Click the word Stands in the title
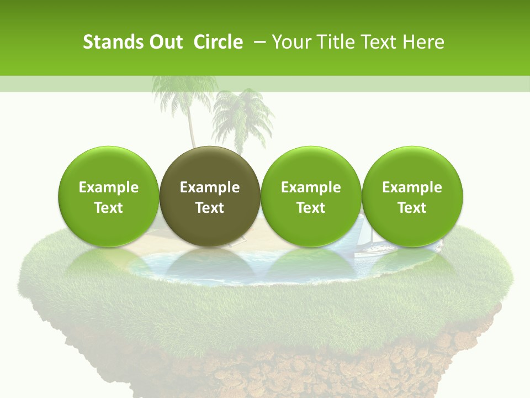click(x=109, y=42)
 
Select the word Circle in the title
click(x=218, y=42)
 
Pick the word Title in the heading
click(x=331, y=42)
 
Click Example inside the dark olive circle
click(x=210, y=187)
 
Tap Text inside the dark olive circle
click(x=210, y=208)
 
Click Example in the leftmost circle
click(x=108, y=187)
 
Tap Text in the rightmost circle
click(x=412, y=208)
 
